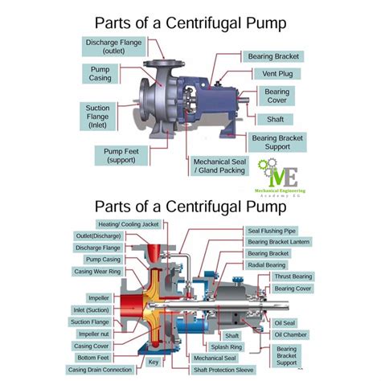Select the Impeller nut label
pos(96,333)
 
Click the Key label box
pos(154,362)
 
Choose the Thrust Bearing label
pos(293,277)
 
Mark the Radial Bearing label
pos(268,264)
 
